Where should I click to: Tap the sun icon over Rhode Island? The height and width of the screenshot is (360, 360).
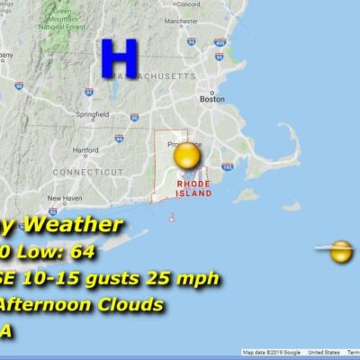tap(187, 158)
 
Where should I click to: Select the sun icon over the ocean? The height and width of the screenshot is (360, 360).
tap(341, 251)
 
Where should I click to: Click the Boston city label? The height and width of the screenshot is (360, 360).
tap(211, 100)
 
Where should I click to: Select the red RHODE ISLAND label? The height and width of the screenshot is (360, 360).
tap(193, 188)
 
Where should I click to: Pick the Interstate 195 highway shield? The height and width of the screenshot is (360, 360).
tap(228, 166)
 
